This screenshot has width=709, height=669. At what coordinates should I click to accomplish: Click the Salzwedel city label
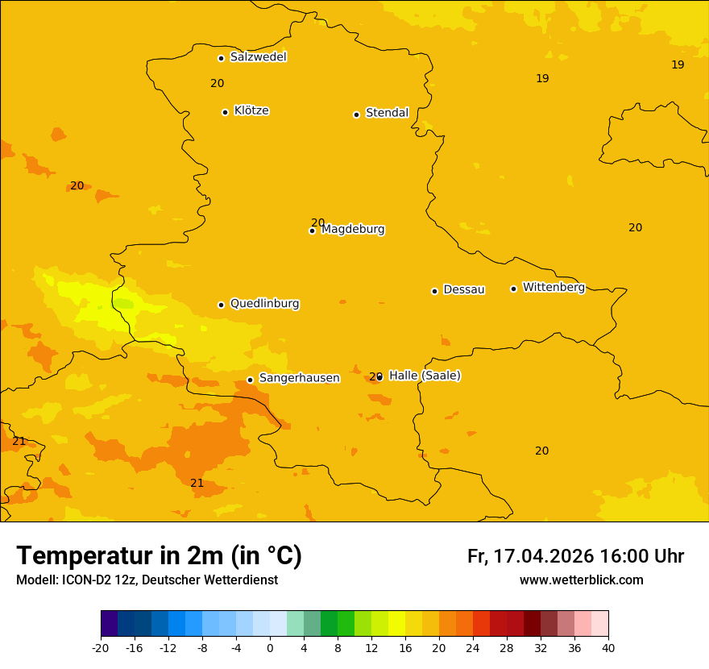(258, 57)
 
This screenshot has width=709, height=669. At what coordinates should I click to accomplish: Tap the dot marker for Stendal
(356, 114)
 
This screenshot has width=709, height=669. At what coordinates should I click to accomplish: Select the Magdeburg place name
(353, 230)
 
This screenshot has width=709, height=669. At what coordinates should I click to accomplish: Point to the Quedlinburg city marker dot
(221, 305)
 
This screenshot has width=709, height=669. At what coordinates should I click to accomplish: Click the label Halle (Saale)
(425, 376)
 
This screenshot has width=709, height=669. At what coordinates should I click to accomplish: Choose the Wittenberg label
(554, 288)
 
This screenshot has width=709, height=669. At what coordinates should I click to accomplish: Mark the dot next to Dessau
(434, 291)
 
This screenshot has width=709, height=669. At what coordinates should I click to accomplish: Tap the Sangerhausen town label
(299, 378)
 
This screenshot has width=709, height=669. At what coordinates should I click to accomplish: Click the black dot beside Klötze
(225, 112)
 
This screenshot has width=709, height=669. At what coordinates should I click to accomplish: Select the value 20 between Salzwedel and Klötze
(218, 84)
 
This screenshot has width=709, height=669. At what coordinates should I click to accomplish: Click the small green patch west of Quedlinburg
(123, 304)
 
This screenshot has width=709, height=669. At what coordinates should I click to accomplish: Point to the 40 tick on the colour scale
(608, 647)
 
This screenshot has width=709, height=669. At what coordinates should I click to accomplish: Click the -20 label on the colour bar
(100, 647)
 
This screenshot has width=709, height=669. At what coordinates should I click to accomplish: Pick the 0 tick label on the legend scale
(270, 647)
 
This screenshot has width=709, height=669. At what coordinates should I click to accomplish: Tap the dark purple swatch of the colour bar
(109, 624)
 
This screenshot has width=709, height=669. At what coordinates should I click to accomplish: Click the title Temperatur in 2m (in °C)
(159, 556)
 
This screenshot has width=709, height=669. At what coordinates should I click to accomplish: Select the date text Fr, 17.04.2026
(530, 556)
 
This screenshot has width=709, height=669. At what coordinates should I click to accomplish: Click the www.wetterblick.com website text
(581, 580)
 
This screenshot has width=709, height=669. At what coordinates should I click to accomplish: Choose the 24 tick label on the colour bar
(473, 647)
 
